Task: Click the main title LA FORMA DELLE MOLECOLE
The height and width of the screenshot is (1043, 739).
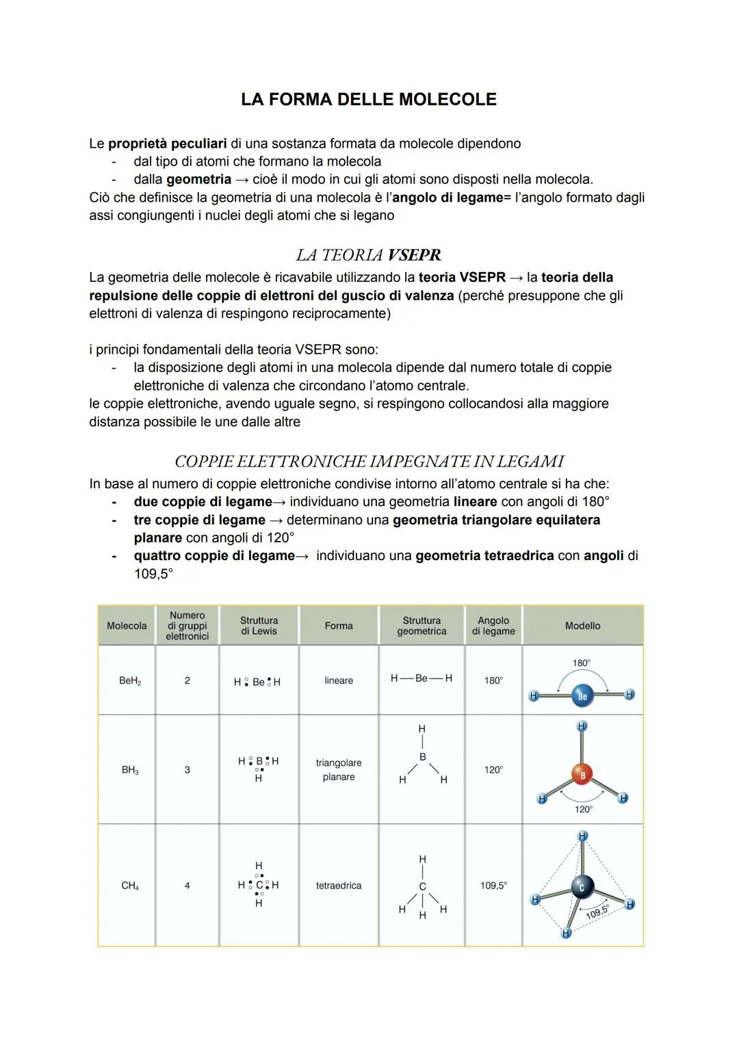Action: [369, 100]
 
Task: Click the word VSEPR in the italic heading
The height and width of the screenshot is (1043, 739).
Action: [414, 255]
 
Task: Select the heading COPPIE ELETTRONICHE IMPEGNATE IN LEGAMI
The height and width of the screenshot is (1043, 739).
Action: [369, 462]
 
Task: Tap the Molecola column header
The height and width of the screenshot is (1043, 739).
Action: [127, 626]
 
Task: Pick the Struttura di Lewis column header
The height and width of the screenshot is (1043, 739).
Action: [259, 626]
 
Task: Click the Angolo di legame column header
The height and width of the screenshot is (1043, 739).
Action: [493, 626]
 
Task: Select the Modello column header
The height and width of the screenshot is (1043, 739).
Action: [582, 626]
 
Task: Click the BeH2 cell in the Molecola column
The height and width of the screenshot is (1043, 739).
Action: [129, 681]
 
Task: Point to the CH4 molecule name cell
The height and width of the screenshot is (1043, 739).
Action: [129, 886]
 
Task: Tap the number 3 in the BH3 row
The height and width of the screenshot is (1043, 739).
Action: [187, 770]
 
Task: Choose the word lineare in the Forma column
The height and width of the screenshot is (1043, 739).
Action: [339, 681]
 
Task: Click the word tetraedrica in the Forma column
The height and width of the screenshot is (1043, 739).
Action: [339, 886]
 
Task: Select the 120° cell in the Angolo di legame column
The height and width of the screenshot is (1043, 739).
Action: [493, 770]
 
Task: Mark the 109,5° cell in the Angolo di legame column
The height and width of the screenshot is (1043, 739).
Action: [493, 886]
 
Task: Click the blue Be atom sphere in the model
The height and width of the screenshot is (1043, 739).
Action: [582, 696]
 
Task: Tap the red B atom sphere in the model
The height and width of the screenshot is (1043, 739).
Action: [582, 776]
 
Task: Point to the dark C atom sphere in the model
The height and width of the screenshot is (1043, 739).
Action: [582, 887]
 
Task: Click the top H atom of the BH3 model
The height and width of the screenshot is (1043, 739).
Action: [582, 726]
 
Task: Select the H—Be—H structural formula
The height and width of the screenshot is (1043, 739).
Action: [421, 678]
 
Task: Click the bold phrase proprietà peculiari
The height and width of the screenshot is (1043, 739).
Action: [168, 144]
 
